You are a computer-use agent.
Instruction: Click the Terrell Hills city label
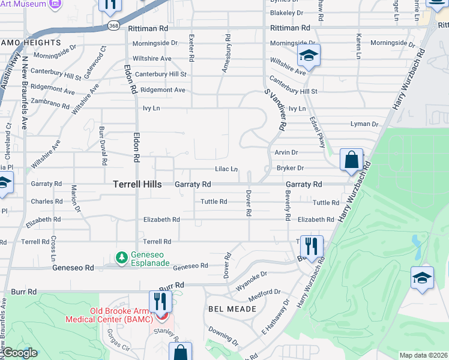137,185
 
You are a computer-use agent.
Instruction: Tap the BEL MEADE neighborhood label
232,309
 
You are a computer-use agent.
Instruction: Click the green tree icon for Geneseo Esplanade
122,257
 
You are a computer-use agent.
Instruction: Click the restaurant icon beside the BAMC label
159,301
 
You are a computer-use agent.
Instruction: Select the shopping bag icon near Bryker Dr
351,160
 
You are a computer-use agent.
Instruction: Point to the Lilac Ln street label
227,169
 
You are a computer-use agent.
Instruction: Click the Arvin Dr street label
286,153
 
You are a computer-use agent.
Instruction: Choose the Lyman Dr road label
364,124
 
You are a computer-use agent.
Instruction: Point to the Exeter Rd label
191,49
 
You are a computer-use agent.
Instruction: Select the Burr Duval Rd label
103,146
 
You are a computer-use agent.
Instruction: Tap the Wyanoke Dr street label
251,280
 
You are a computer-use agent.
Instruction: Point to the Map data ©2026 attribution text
423,355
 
